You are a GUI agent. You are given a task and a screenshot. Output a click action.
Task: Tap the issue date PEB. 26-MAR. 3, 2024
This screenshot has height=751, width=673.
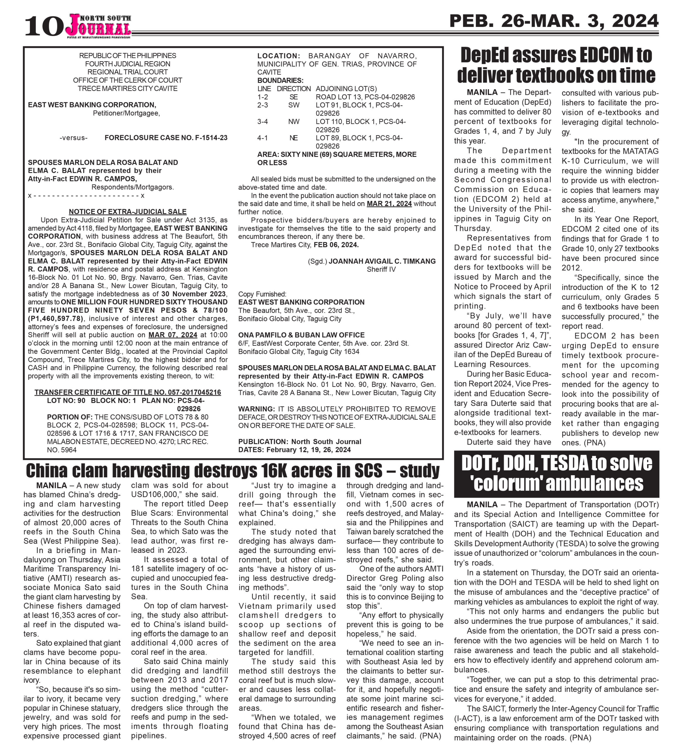click(x=554, y=21)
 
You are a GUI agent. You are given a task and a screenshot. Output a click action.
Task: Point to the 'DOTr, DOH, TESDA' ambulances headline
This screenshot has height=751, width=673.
click(x=557, y=473)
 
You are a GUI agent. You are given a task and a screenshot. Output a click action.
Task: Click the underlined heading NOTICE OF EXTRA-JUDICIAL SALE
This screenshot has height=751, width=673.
click(x=128, y=211)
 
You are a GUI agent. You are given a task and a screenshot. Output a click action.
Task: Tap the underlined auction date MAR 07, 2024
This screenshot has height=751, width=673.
click(x=173, y=335)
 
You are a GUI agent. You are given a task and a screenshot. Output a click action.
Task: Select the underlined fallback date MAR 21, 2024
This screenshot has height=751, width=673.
click(x=389, y=204)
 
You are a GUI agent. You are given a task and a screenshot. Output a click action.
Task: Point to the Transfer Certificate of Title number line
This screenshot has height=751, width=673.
click(x=128, y=392)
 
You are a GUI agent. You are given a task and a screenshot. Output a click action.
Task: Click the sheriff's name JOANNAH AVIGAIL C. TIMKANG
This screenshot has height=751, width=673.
click(x=382, y=261)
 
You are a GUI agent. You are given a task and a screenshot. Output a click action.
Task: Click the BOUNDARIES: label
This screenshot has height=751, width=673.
click(x=280, y=80)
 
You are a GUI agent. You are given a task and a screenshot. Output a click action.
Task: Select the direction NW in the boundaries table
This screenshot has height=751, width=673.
click(x=294, y=121)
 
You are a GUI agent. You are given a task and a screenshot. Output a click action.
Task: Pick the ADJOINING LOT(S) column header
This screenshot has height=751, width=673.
click(x=346, y=89)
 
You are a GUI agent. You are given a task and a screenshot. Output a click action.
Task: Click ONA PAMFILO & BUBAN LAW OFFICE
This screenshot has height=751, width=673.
click(x=301, y=335)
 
